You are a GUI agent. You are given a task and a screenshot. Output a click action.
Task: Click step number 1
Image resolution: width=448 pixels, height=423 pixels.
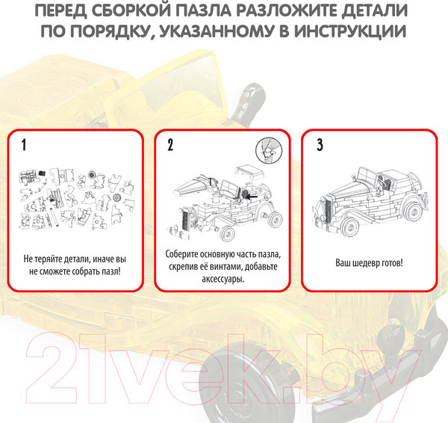coord(24,145)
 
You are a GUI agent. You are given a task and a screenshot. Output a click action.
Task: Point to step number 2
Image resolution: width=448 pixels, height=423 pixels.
coord(170,145)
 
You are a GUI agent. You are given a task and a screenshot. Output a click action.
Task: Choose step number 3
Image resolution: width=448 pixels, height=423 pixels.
coord(320,145)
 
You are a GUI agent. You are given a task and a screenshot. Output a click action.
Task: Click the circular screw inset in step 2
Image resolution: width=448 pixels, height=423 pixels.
coord(269,150)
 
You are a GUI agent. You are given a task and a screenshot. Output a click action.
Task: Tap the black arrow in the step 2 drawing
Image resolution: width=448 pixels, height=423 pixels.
coord(252,197)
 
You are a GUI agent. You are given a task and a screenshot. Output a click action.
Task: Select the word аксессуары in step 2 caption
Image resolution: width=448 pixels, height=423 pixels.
coord(223,279)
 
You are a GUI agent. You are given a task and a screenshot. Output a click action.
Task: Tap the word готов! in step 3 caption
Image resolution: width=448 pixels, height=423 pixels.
coord(392,262)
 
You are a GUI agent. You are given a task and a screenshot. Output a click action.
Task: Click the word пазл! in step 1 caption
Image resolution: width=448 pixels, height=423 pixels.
coord(111,271)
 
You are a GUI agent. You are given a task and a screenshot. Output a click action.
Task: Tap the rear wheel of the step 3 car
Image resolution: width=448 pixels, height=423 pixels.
coord(413,211)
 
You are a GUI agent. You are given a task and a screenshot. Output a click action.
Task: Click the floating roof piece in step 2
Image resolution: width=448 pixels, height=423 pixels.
coord(249,172)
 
